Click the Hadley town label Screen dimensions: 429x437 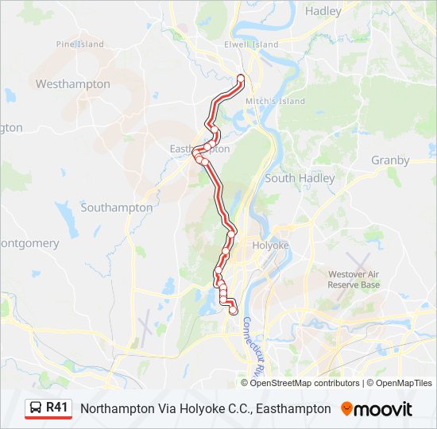323,11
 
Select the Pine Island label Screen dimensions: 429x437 80,44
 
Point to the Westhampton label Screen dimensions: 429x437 72,83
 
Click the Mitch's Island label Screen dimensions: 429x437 276,102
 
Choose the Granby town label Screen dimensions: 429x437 390,160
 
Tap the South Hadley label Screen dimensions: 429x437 300,179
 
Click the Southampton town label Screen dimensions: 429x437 116,207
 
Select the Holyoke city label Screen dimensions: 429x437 269,245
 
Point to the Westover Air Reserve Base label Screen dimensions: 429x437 354,280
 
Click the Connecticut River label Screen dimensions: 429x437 253,346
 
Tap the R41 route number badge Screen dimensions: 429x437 57,408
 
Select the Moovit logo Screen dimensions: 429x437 377,409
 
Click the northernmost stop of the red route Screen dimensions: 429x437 241,78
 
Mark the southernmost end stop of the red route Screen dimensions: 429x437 233,311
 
